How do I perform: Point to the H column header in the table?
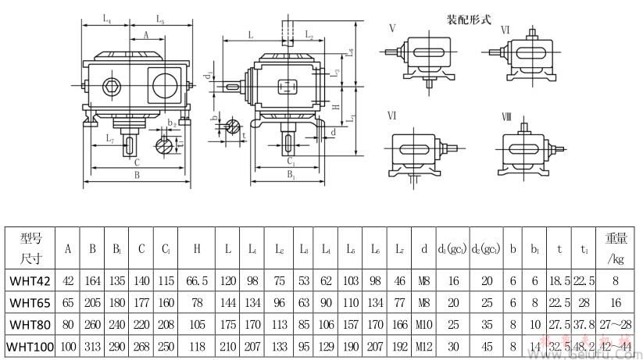[197, 249]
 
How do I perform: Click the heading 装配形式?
[468, 19]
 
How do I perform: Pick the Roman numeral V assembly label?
[392, 29]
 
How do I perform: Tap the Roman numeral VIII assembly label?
[506, 116]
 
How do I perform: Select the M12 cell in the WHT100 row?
[423, 344]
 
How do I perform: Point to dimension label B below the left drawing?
[137, 176]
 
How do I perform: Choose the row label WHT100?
[30, 344]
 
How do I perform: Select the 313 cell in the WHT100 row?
[92, 344]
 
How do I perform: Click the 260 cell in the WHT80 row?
[92, 322]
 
